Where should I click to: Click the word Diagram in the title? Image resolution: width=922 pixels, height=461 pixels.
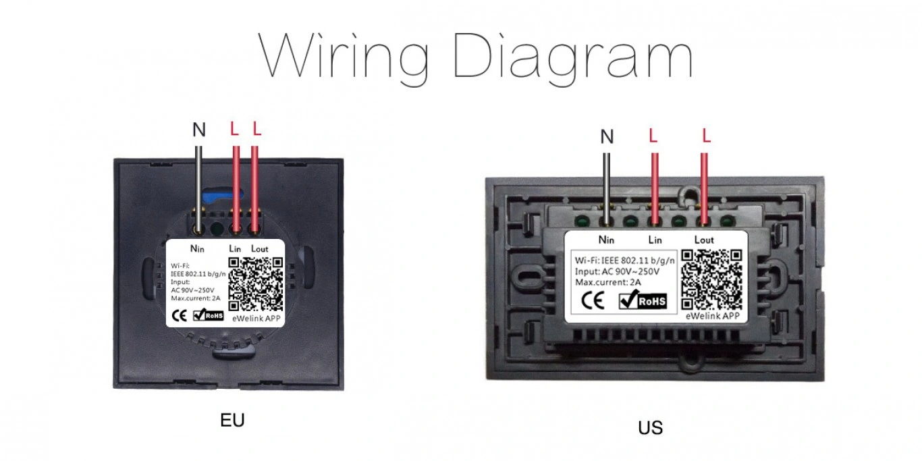573,57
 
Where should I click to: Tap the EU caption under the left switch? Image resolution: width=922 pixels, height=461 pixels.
232,421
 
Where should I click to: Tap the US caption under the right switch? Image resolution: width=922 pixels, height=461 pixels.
650,428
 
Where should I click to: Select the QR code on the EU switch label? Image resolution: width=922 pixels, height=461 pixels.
256,284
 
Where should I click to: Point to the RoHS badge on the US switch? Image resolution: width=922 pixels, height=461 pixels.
642,301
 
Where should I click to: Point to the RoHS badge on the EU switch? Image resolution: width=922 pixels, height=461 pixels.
209,315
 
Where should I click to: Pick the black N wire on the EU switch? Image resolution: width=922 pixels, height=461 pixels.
199,182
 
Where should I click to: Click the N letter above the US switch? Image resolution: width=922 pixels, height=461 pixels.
607,137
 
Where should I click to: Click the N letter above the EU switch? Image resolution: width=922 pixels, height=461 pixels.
199,130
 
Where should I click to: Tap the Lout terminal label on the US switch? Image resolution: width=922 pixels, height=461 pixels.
704,240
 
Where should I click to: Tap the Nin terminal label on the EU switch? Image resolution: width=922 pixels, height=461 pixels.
198,249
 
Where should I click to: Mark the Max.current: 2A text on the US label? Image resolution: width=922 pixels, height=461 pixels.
607,281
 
